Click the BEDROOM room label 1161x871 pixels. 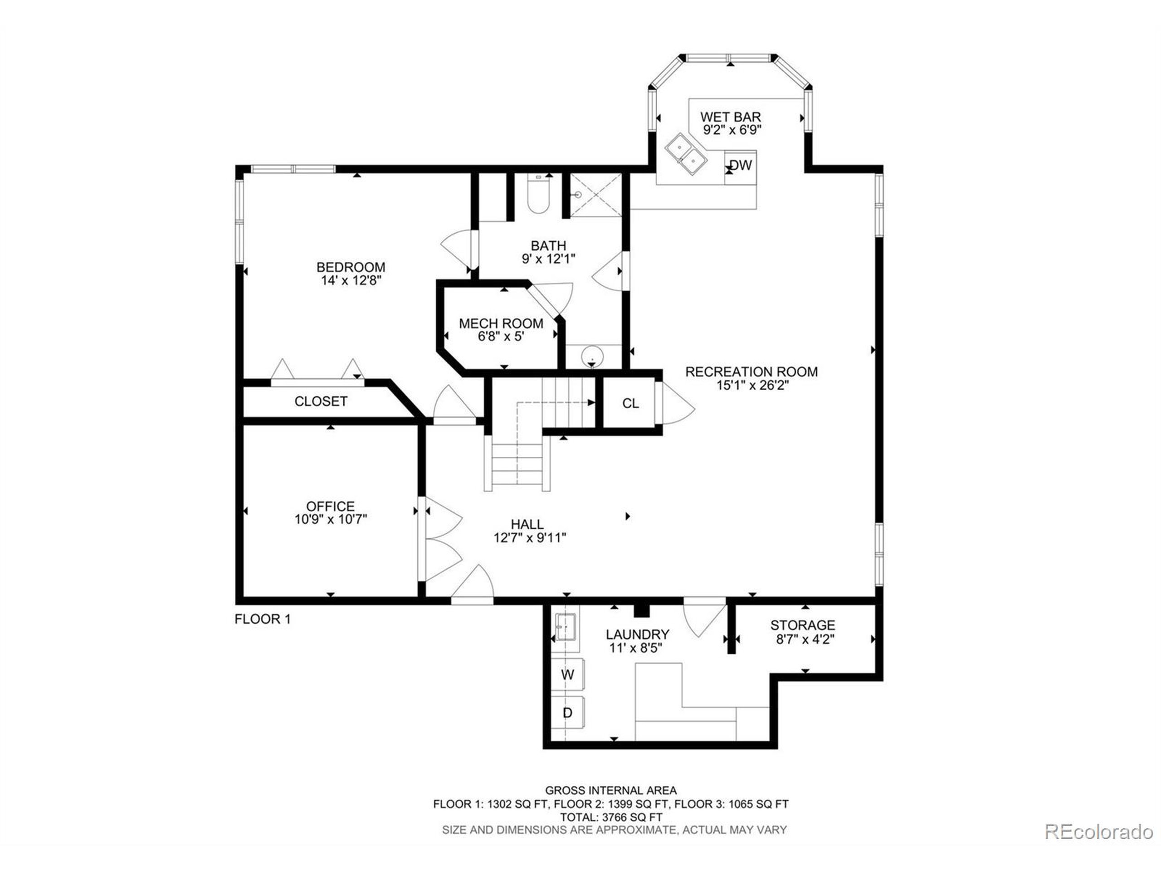point(351,267)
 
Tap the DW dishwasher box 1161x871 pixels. point(741,166)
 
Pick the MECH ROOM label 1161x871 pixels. point(501,323)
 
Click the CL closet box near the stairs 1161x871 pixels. point(630,403)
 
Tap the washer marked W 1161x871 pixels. point(568,675)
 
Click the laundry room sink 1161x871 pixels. point(566,626)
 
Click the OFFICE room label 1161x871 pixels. point(330,506)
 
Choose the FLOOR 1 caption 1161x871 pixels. point(263,619)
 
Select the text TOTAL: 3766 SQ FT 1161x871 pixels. point(611,817)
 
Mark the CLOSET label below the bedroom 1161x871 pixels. point(321,401)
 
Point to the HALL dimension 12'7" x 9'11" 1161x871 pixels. point(530,538)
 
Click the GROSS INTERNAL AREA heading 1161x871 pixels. point(611,790)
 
